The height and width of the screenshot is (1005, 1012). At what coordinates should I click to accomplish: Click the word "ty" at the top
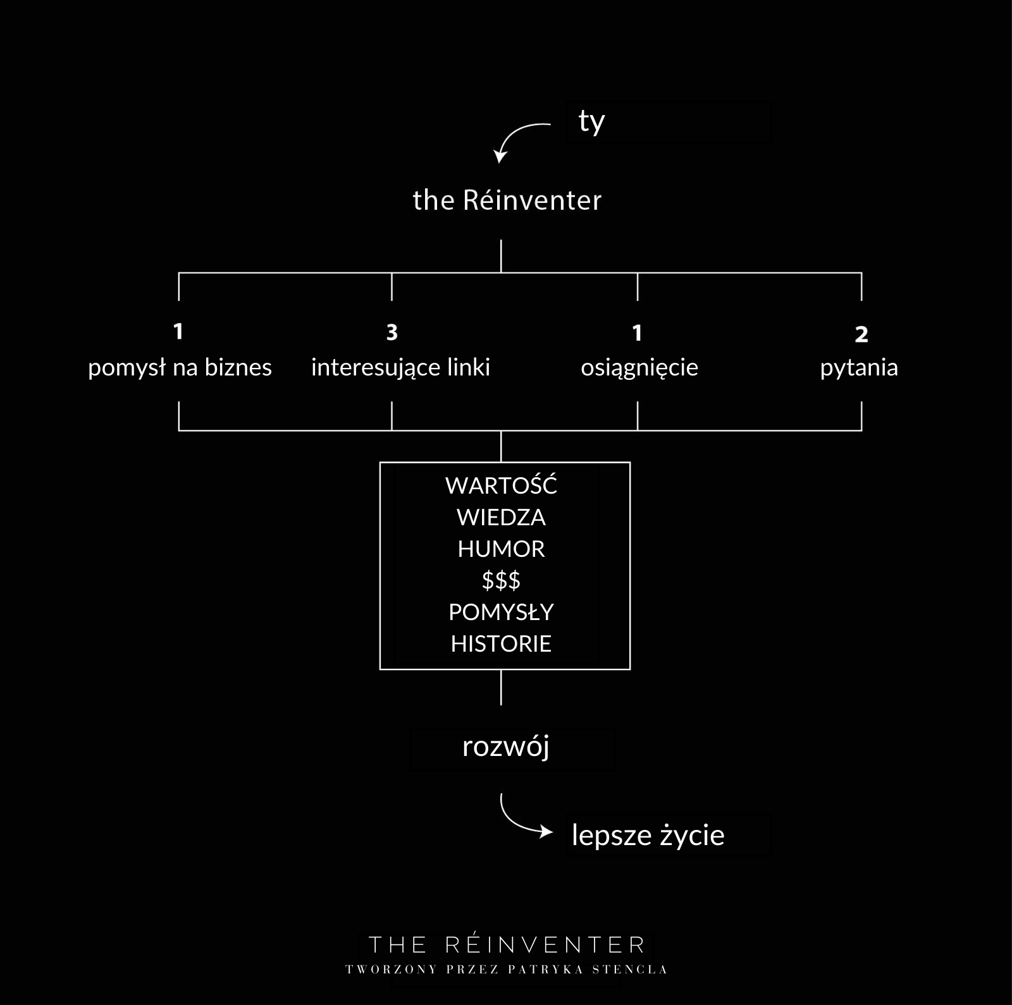[x=591, y=122]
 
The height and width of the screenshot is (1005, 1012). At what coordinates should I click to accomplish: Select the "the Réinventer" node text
[x=507, y=200]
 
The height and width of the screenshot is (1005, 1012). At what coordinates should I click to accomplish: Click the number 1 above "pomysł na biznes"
[x=178, y=331]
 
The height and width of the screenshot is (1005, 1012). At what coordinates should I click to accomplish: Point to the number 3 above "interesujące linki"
[x=392, y=332]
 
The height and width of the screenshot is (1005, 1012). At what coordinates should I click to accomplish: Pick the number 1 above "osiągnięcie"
[x=638, y=332]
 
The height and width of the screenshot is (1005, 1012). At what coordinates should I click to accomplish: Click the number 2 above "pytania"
[x=861, y=334]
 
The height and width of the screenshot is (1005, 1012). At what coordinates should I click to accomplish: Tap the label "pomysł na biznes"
[x=180, y=367]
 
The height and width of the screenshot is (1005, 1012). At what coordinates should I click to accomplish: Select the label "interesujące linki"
[x=400, y=367]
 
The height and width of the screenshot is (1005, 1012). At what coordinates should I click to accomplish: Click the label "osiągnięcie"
[x=639, y=367]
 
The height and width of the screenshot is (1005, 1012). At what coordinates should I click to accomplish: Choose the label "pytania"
[x=859, y=367]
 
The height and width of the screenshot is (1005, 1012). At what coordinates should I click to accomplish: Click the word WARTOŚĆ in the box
[x=501, y=485]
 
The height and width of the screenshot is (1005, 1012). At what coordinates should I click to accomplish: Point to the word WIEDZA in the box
[x=501, y=517]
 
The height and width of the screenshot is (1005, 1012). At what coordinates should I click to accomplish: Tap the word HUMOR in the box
[x=501, y=549]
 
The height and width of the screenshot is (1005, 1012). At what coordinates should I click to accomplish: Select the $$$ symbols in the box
[x=501, y=580]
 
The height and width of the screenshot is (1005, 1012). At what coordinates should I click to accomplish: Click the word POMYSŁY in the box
[x=501, y=612]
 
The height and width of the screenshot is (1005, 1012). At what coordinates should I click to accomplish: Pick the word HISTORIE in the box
[x=501, y=643]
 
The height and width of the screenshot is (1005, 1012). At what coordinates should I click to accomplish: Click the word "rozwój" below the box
[x=506, y=747]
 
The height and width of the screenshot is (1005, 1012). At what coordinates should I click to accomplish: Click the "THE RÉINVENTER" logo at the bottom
[x=507, y=945]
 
